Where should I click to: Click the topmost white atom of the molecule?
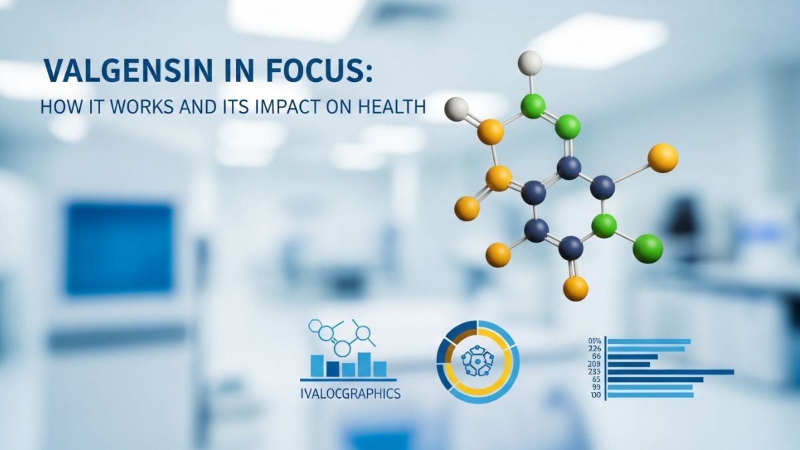(x=530, y=63)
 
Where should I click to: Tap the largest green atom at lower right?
(x=647, y=248)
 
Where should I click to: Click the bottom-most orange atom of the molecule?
(x=575, y=288)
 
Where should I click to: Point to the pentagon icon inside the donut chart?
(x=477, y=363)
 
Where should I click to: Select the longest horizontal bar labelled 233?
(x=670, y=372)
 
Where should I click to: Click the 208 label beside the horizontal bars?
(x=595, y=364)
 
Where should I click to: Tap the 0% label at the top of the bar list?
(x=595, y=341)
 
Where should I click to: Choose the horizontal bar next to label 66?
(x=632, y=357)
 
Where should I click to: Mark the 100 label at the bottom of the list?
(x=595, y=395)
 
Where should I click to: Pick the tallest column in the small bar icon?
(x=363, y=363)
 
